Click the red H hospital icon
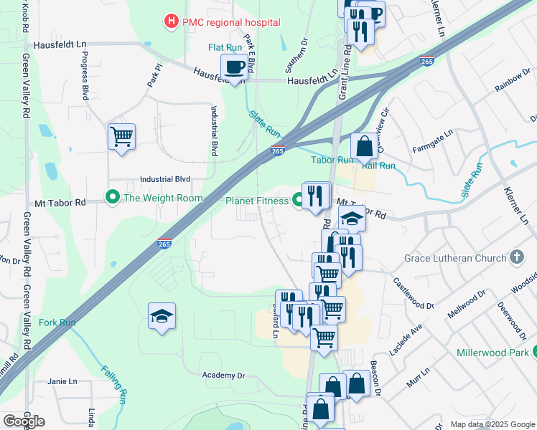pyautogui.click(x=171, y=22)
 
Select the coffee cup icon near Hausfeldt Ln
pyautogui.click(x=235, y=68)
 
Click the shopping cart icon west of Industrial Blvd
pyautogui.click(x=121, y=135)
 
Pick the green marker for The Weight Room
pyautogui.click(x=112, y=196)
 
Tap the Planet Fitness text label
pyautogui.click(x=256, y=201)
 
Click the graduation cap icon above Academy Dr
pyautogui.click(x=162, y=315)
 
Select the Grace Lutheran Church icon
pyautogui.click(x=516, y=257)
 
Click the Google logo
pyautogui.click(x=24, y=421)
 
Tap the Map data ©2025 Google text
pyautogui.click(x=492, y=424)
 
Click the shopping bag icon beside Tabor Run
pyautogui.click(x=365, y=145)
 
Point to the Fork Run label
pyautogui.click(x=57, y=322)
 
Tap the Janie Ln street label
pyautogui.click(x=62, y=381)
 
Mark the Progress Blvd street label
pyautogui.click(x=85, y=75)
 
